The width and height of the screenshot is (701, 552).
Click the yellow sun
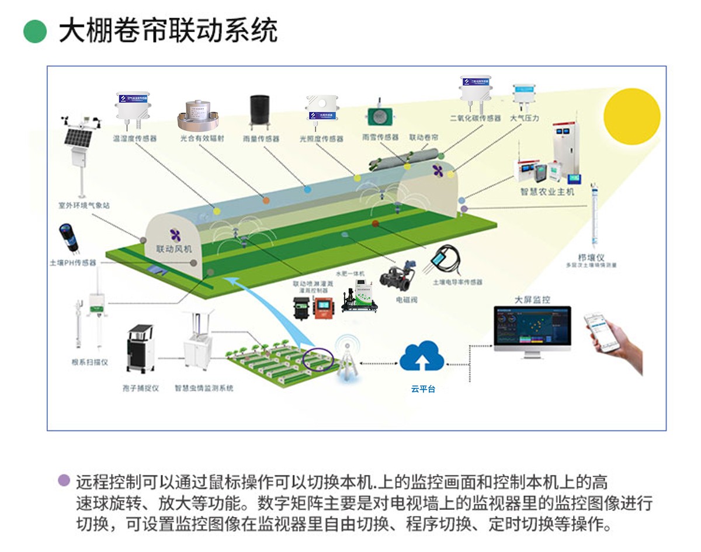631,116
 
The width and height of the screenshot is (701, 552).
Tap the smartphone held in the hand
602,331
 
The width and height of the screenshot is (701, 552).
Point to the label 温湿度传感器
135,139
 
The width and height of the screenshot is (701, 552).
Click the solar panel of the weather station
78,138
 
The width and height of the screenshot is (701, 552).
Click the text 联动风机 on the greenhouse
174,248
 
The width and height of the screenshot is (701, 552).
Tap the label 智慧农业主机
547,191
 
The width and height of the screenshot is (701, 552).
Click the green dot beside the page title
35,32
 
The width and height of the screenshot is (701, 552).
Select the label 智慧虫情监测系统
204,388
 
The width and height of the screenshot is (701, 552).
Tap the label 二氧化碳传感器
475,118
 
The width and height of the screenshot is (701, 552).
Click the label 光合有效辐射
202,139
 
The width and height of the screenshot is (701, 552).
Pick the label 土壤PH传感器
73,263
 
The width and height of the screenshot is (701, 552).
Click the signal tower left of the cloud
348,356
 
